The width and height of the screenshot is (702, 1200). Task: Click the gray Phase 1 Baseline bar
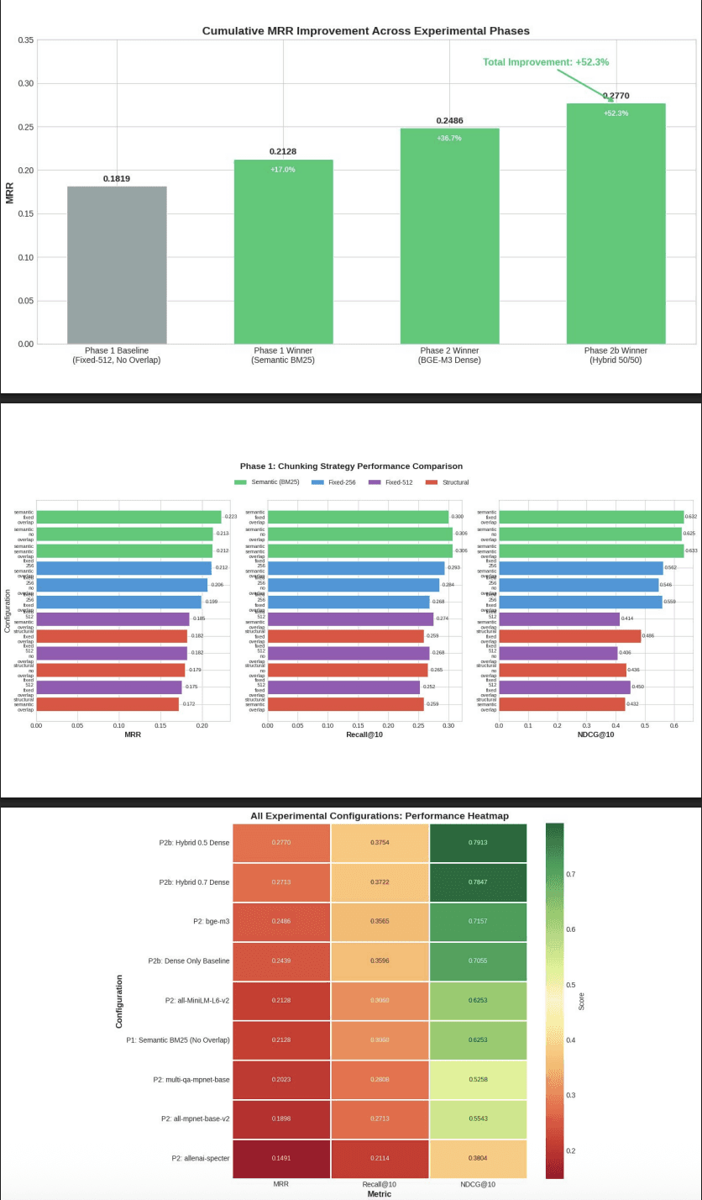[x=117, y=265]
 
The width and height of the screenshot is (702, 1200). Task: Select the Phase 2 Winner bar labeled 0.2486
[x=449, y=235]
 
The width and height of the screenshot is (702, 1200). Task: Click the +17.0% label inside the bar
[x=283, y=170]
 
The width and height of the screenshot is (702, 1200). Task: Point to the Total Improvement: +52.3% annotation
[x=546, y=62]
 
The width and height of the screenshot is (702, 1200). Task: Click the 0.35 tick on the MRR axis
[x=24, y=40]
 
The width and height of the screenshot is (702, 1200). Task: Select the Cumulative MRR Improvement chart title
[x=365, y=31]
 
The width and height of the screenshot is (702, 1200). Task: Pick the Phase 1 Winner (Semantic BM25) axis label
[x=283, y=355]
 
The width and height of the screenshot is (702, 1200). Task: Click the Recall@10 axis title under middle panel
[x=363, y=734]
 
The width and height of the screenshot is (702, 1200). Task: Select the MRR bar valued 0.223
[x=128, y=517]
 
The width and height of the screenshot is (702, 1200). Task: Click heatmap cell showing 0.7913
[x=478, y=842]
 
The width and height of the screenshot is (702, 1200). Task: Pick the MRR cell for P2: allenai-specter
[x=281, y=1158]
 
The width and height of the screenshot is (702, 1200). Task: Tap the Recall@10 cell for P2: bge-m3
[x=380, y=921]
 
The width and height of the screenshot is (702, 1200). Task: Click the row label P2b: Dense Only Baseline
[x=189, y=961]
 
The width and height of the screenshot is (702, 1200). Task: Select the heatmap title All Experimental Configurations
[x=379, y=816]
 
